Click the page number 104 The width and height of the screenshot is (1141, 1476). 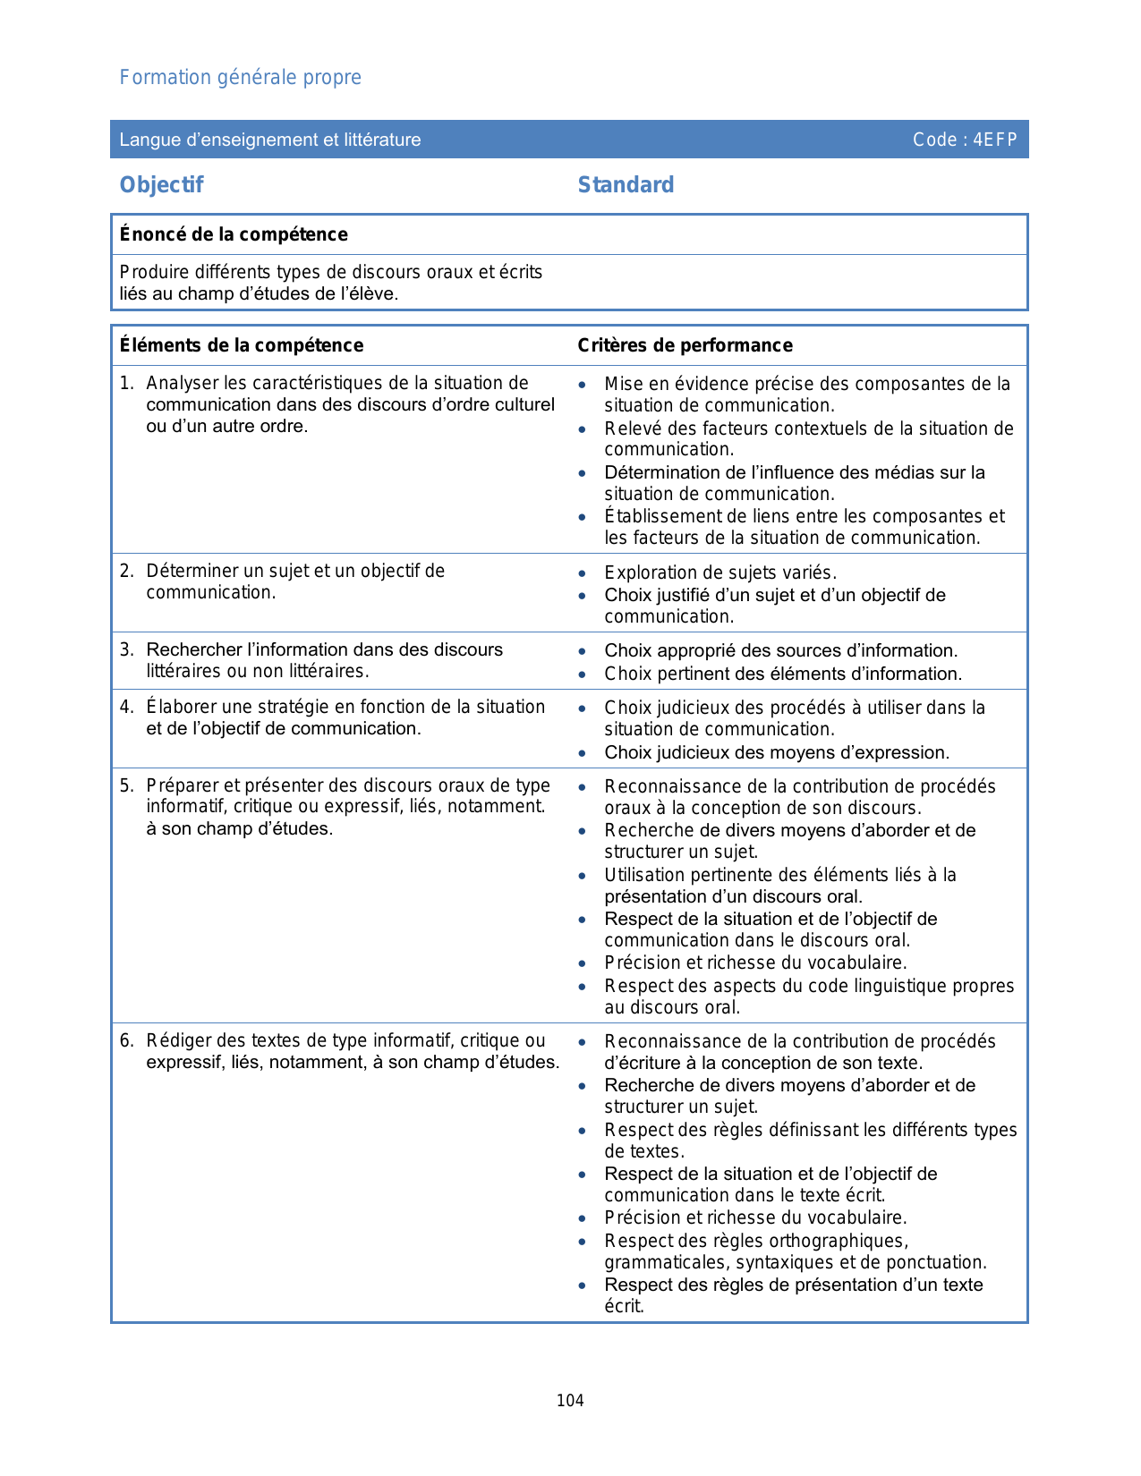(570, 1401)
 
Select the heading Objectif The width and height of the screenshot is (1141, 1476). (162, 185)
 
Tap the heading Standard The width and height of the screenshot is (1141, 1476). (626, 185)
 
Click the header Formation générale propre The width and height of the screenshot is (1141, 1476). (240, 78)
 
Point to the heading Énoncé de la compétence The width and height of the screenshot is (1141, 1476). (234, 234)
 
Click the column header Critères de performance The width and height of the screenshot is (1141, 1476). (685, 345)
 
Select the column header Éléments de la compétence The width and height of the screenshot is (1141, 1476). (242, 345)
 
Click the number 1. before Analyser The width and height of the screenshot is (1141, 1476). (126, 384)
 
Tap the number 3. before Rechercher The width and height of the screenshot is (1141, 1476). (126, 650)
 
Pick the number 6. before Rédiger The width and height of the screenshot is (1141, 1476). (126, 1041)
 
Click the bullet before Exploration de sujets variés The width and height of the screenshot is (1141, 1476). (583, 573)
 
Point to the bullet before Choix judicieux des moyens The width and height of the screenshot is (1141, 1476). (583, 753)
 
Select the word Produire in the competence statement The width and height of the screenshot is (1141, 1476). (153, 272)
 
